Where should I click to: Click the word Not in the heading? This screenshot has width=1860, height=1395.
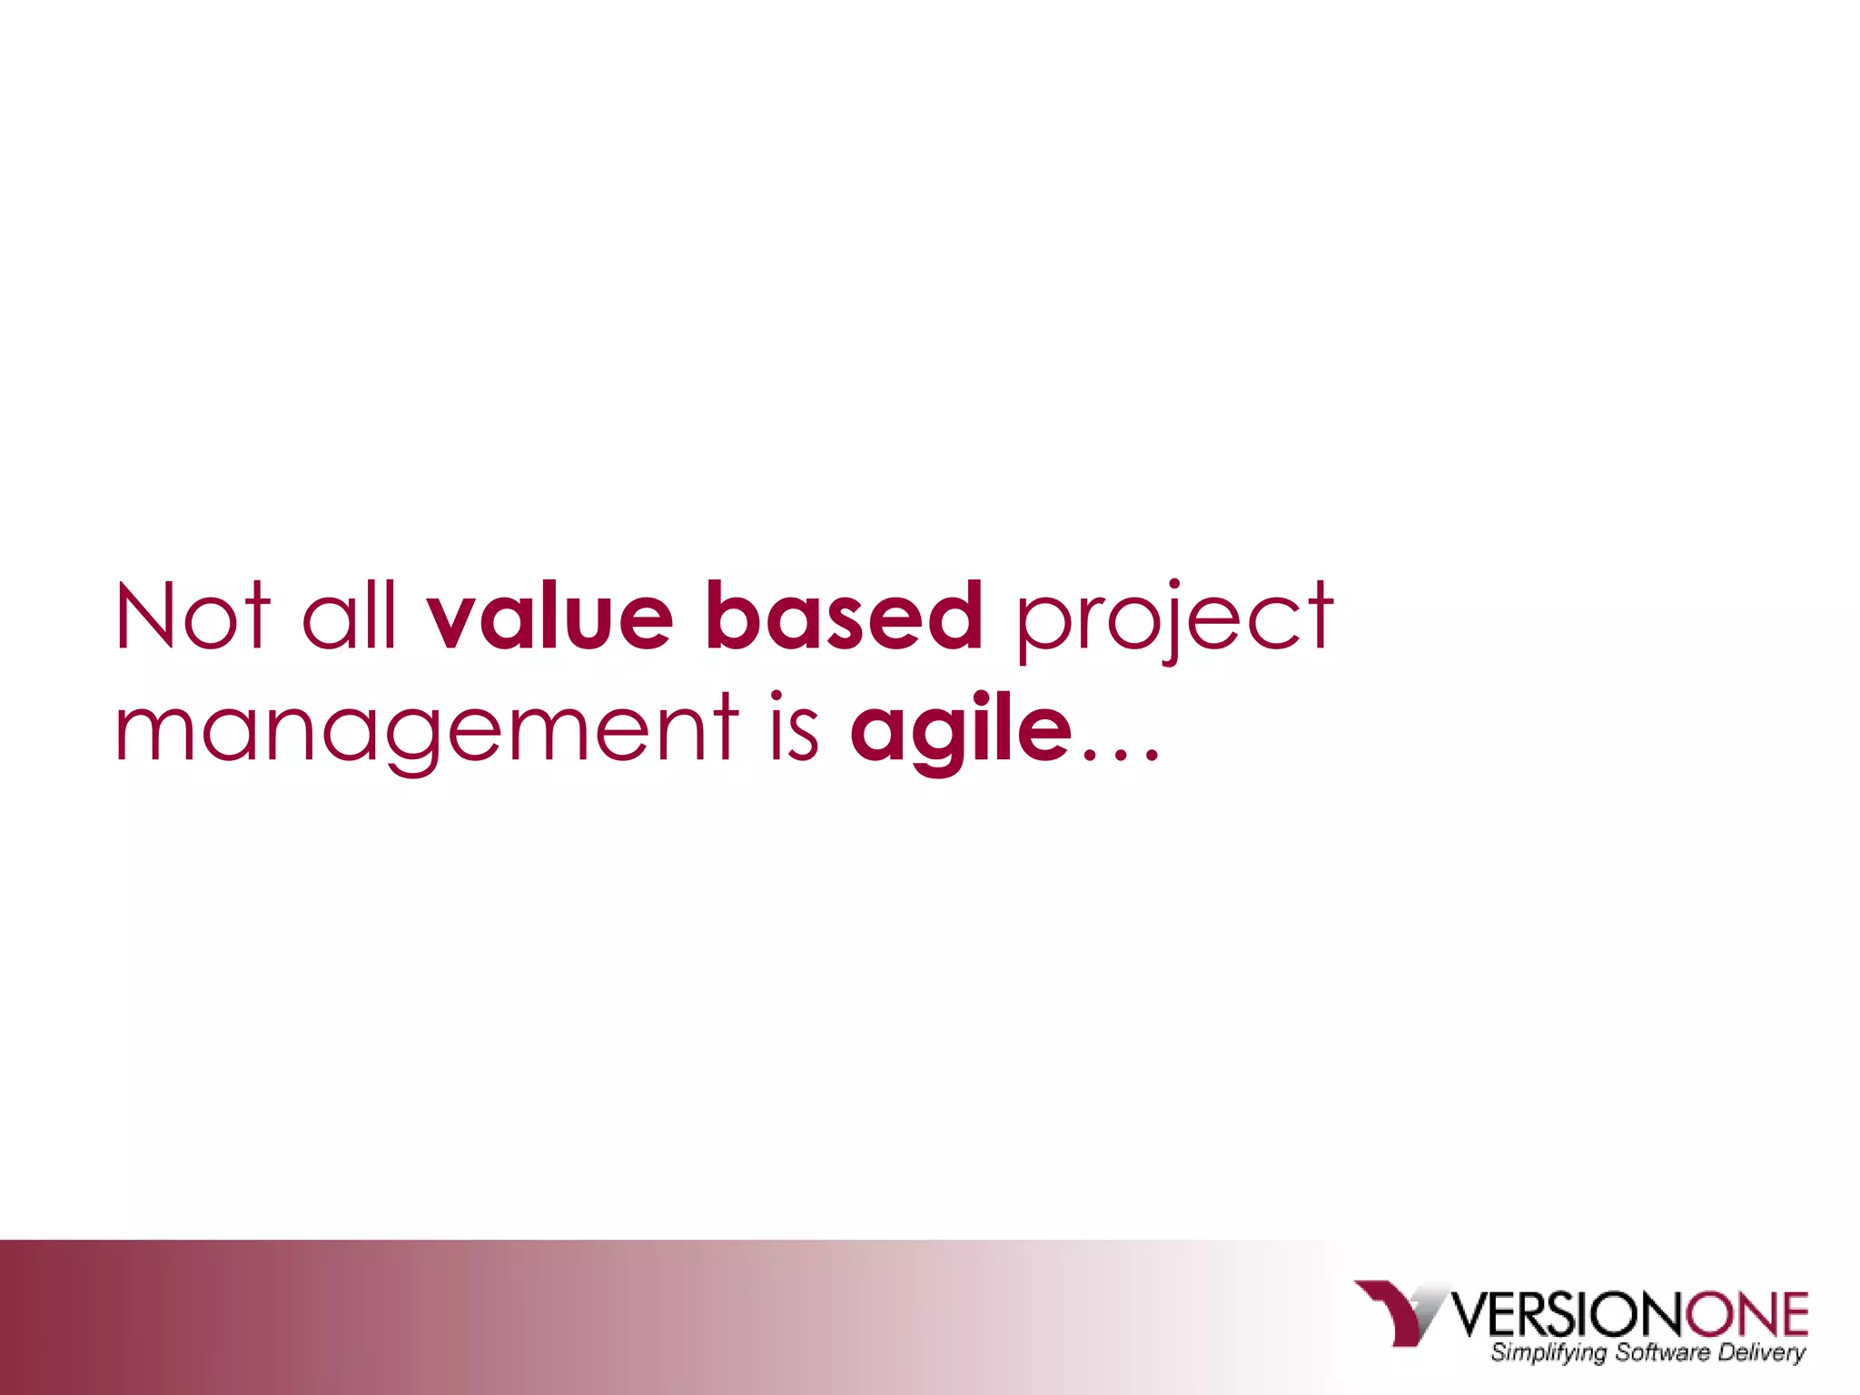tap(193, 618)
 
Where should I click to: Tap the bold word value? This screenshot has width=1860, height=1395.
tap(550, 618)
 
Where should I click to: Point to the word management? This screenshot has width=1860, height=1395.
tap(427, 730)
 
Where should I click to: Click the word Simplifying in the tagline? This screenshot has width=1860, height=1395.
tap(1548, 1353)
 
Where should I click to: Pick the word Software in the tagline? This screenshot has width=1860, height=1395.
tap(1662, 1352)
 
